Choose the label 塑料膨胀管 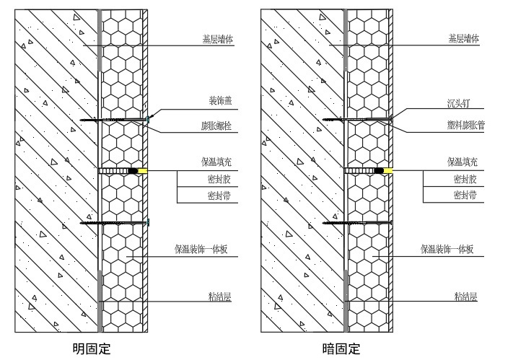(465, 126)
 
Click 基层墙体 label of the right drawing (463, 39)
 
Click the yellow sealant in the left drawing (144, 172)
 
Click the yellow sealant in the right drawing (390, 172)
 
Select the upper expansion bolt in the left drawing (115, 119)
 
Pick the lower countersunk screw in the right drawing (357, 223)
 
